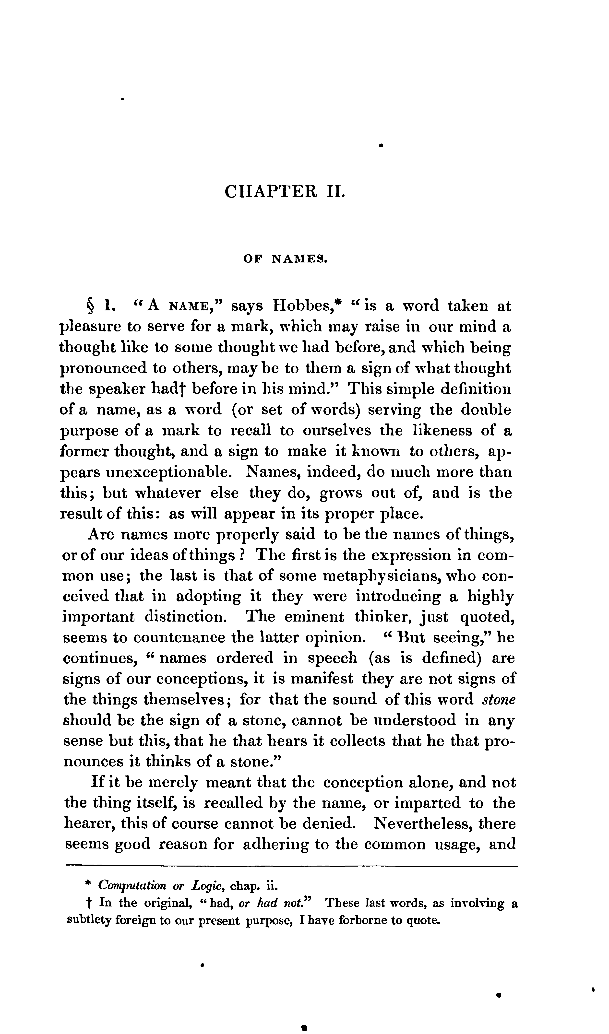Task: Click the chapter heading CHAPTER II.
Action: [x=285, y=192]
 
